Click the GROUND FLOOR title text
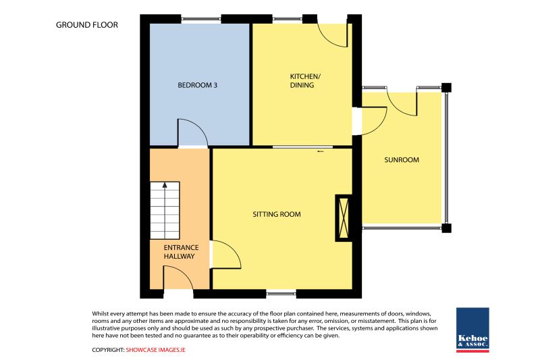click(87, 25)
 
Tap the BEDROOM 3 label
click(197, 85)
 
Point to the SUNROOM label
click(402, 160)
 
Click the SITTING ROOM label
click(277, 214)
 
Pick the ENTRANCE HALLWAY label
click(181, 252)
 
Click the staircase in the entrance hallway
click(165, 211)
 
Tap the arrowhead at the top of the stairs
click(165, 185)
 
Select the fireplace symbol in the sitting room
click(344, 217)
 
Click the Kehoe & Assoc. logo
click(473, 330)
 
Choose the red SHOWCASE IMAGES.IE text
click(155, 350)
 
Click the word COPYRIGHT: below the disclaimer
click(108, 350)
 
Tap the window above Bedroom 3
click(200, 19)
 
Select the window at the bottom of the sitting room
click(281, 294)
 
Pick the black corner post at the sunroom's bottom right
click(446, 228)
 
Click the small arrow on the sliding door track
click(321, 151)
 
